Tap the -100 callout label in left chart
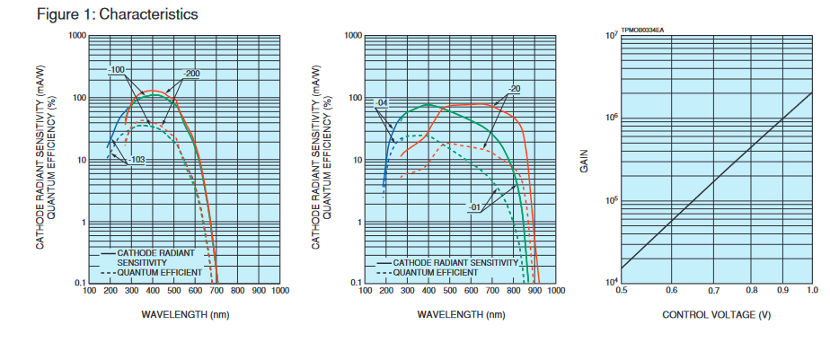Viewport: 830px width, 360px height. click(x=117, y=70)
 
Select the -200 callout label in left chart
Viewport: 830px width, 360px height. click(x=190, y=73)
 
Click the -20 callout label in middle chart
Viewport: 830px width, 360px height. click(x=514, y=89)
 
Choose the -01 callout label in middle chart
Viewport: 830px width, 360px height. click(x=476, y=207)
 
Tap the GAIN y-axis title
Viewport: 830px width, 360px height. click(x=586, y=162)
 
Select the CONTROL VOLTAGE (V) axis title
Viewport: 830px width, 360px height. click(x=716, y=315)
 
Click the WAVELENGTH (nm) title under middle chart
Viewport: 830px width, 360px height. click(x=460, y=315)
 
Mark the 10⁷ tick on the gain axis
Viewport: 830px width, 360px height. click(x=610, y=36)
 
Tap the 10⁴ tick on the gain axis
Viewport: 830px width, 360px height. click(x=610, y=283)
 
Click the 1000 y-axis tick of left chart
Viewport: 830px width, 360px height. click(x=75, y=36)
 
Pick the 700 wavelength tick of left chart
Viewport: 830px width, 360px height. click(x=216, y=291)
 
